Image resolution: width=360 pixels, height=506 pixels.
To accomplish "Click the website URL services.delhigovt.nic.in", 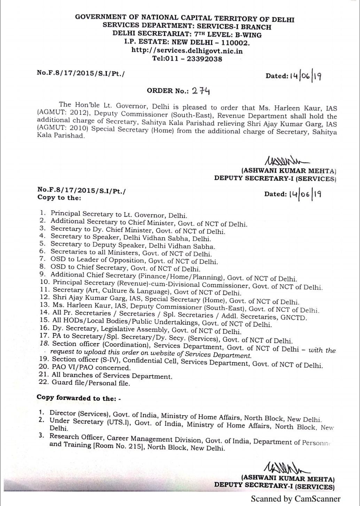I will pyautogui.click(x=187, y=51).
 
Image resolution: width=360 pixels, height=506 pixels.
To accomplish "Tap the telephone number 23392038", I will pyautogui.click(x=204, y=58).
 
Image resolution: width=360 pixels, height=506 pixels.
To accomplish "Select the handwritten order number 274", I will pyautogui.click(x=201, y=91).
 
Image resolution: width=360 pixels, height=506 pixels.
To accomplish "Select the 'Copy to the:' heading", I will pyautogui.click(x=59, y=198).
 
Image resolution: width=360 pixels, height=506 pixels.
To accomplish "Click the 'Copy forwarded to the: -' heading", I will pyautogui.click(x=79, y=398).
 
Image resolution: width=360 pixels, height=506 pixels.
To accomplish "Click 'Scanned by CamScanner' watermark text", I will pyautogui.click(x=296, y=498).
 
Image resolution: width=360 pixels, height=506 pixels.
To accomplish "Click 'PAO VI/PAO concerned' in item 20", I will pyautogui.click(x=91, y=367).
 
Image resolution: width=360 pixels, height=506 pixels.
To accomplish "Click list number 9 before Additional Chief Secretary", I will pyautogui.click(x=43, y=275).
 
